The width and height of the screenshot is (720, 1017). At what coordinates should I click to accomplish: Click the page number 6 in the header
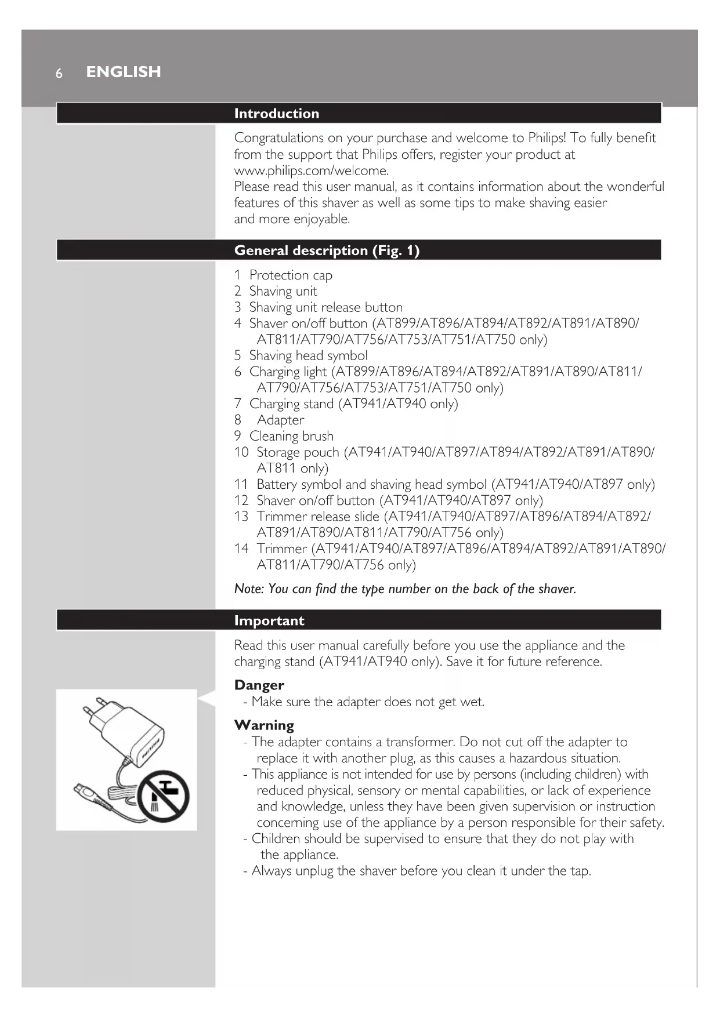pyautogui.click(x=59, y=73)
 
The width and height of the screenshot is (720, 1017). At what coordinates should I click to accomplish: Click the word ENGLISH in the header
pyautogui.click(x=124, y=72)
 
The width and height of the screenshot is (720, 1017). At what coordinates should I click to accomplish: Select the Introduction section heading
pyautogui.click(x=276, y=114)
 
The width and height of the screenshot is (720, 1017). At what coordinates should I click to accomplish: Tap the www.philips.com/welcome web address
pyautogui.click(x=310, y=170)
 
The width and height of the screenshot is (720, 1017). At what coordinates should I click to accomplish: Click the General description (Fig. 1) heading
pyautogui.click(x=327, y=250)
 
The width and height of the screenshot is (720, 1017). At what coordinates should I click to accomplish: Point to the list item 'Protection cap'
pyautogui.click(x=290, y=275)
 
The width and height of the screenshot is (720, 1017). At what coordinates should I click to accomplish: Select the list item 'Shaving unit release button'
pyautogui.click(x=325, y=307)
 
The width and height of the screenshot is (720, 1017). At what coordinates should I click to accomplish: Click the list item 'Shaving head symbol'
pyautogui.click(x=308, y=355)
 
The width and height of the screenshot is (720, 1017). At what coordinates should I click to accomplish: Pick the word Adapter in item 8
pyautogui.click(x=280, y=420)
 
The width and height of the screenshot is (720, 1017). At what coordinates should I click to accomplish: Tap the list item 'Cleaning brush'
pyautogui.click(x=291, y=436)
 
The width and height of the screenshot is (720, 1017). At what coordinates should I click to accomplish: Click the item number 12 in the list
pyautogui.click(x=241, y=500)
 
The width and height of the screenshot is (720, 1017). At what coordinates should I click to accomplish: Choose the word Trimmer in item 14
pyautogui.click(x=282, y=549)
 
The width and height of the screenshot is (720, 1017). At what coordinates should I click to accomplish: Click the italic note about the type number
pyautogui.click(x=405, y=589)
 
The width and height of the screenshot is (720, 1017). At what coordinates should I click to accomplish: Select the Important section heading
pyautogui.click(x=269, y=620)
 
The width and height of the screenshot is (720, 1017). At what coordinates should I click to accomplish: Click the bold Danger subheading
pyautogui.click(x=259, y=685)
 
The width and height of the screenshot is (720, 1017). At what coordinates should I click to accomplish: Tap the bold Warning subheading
pyautogui.click(x=264, y=725)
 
